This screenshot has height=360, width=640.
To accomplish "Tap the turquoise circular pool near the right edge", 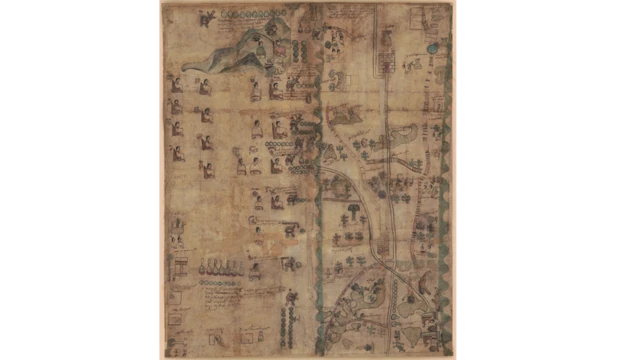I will [x=432, y=47].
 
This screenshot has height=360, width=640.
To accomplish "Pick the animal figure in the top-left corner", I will [x=207, y=17].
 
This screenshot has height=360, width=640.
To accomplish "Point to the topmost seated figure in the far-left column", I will [x=177, y=80].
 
